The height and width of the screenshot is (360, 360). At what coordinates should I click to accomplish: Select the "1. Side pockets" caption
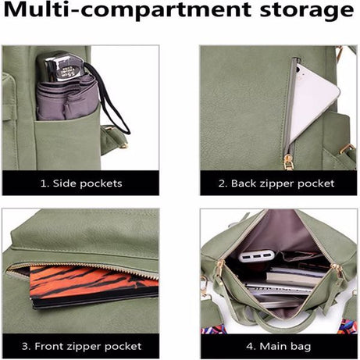[82, 184]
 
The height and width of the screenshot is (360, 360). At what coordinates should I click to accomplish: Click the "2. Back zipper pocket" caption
[276, 184]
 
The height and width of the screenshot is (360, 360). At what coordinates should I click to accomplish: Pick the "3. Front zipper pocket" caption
[82, 345]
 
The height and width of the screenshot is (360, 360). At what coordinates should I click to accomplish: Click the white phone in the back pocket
[312, 94]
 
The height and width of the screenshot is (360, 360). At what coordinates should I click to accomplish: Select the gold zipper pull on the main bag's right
[337, 269]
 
